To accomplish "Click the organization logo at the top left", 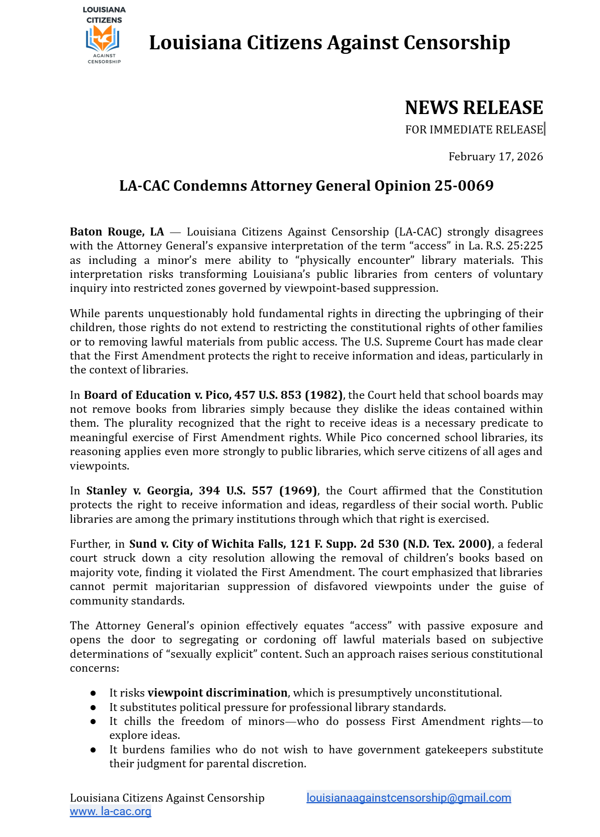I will (104, 36).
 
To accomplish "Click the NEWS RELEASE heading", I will (473, 108).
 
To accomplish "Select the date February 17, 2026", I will (495, 157).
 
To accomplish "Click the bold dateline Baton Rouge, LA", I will (117, 232).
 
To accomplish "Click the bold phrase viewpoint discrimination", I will (217, 693).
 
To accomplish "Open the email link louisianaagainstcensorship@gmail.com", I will (409, 798).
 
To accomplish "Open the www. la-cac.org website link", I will (110, 812).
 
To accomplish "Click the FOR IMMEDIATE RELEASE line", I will (473, 130).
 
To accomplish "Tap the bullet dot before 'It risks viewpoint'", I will (93, 694).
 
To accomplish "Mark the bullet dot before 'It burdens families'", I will (93, 750).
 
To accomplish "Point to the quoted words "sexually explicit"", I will (210, 654).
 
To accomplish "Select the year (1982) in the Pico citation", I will (323, 395).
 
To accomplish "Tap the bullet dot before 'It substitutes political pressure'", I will (93, 708).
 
